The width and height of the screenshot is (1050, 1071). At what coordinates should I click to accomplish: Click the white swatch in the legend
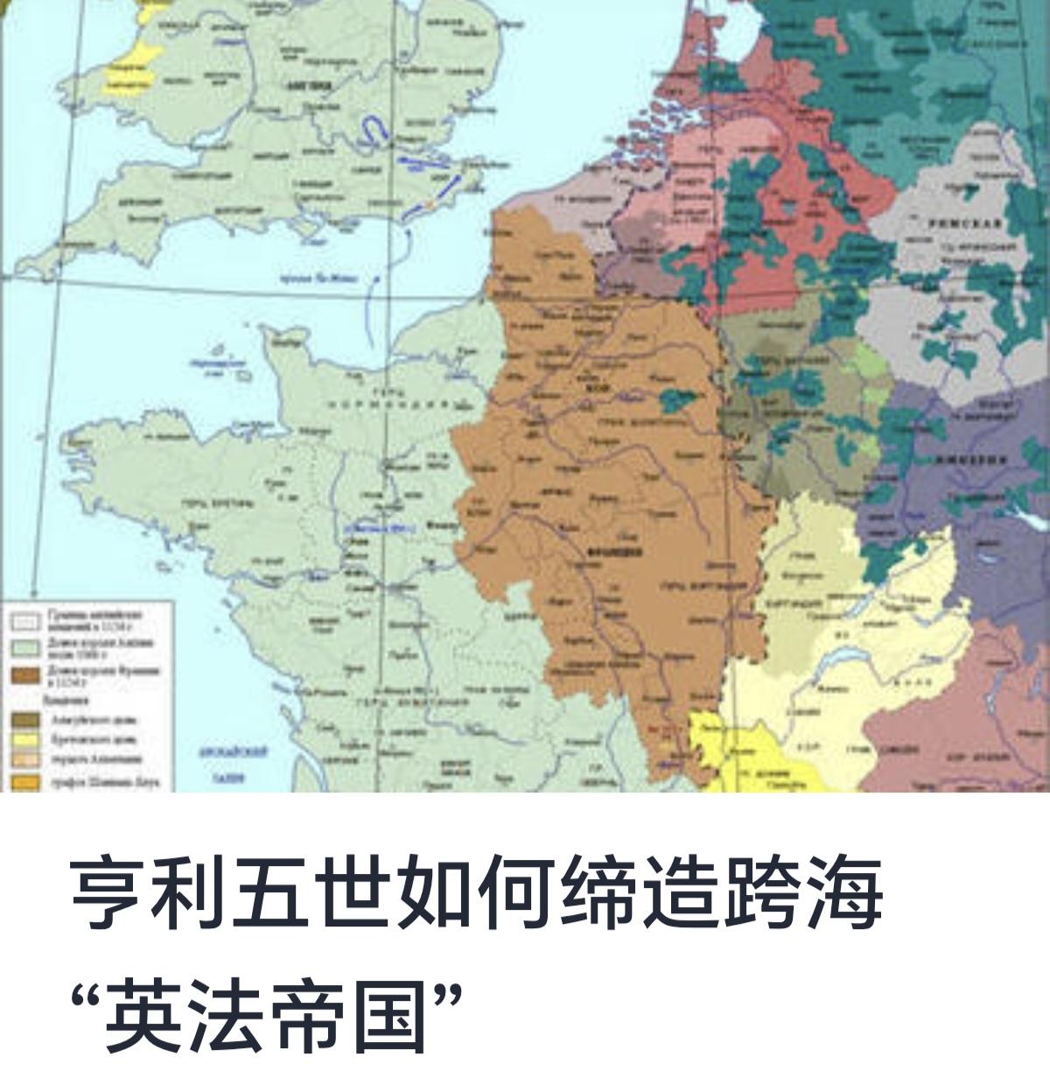(x=25, y=621)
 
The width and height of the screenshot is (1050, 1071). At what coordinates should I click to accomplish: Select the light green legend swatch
(x=25, y=648)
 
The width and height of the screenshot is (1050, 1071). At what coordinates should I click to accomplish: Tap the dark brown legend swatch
(x=25, y=674)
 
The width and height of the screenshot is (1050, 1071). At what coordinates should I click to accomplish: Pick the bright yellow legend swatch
(x=25, y=740)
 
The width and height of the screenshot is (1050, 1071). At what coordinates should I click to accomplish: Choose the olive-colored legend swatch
(x=25, y=719)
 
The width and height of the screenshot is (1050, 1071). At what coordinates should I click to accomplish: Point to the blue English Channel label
(x=318, y=278)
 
